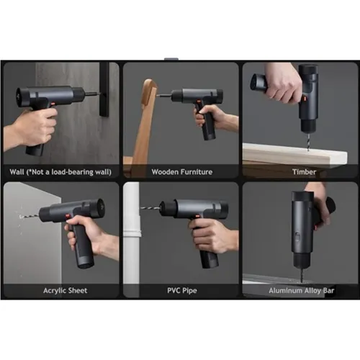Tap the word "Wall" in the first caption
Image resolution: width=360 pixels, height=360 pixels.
point(17,172)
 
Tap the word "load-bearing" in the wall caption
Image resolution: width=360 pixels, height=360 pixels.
point(72,172)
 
